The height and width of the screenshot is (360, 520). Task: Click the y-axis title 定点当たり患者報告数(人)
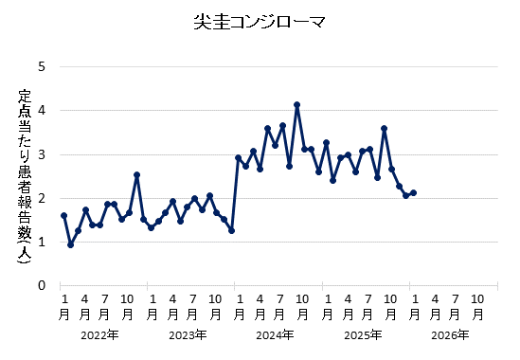(x=25, y=176)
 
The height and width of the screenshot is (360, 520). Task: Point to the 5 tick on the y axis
(x=42, y=67)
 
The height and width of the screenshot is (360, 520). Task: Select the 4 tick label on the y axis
(x=42, y=111)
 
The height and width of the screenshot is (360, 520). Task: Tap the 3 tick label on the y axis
(x=42, y=154)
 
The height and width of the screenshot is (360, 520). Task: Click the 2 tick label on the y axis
(x=42, y=198)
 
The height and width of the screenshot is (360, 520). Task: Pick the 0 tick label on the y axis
(x=42, y=285)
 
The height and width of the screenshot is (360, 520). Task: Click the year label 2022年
(x=99, y=334)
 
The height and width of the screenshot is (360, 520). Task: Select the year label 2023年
(x=188, y=334)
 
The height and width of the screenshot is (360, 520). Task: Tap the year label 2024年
(x=275, y=334)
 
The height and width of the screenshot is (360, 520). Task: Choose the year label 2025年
(x=363, y=334)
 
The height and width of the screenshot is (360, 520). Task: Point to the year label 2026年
(x=450, y=334)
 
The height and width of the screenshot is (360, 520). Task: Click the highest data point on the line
(x=296, y=104)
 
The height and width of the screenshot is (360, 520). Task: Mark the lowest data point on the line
(x=71, y=244)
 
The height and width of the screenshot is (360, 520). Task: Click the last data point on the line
(x=413, y=192)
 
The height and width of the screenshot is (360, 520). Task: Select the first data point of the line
(x=63, y=215)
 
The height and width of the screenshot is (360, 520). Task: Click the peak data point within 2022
(x=136, y=174)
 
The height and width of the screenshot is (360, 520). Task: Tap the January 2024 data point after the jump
(x=239, y=157)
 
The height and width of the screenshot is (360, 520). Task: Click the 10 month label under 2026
(x=479, y=305)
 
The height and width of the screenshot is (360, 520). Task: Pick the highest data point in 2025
(x=384, y=128)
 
